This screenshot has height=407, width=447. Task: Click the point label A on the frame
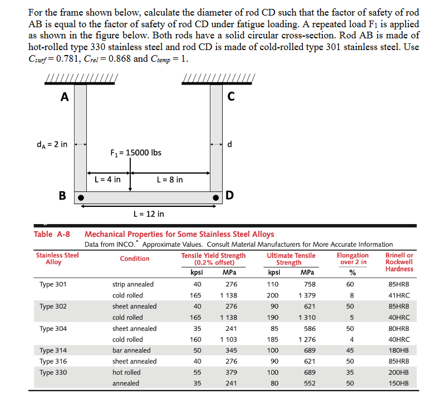65,97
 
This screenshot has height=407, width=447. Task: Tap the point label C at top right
231,97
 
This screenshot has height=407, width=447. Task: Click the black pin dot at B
80,197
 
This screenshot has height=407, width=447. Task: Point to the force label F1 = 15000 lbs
136,152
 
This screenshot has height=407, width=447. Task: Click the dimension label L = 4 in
107,180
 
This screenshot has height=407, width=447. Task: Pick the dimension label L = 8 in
170,180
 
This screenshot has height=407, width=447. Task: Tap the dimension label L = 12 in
149,214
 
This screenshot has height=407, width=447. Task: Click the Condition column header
135,259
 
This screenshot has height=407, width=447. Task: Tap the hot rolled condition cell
126,372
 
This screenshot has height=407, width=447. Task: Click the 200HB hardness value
399,372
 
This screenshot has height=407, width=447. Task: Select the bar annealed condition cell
131,350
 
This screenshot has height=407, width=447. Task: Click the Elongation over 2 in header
352,259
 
